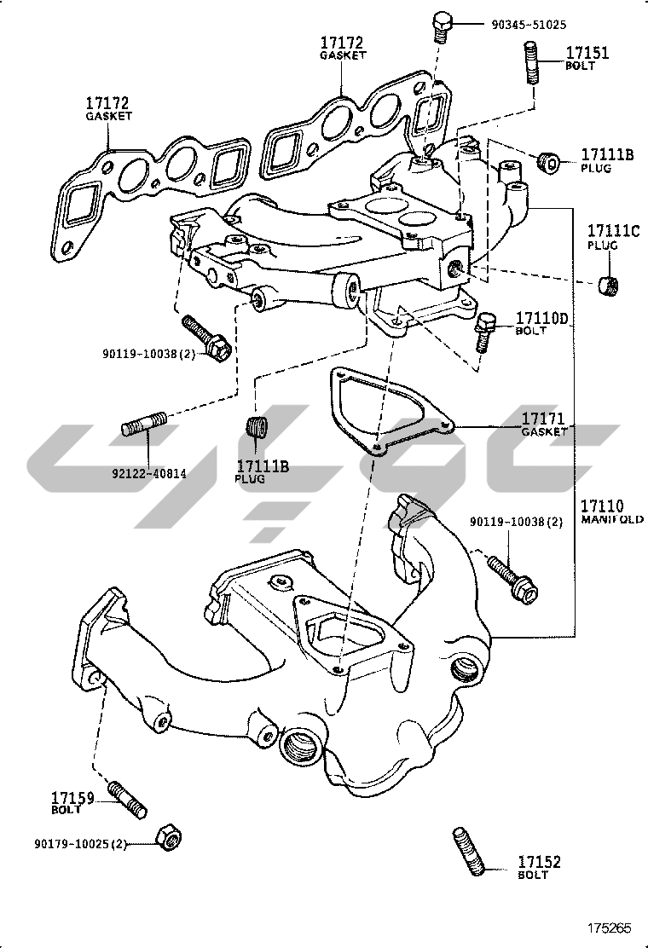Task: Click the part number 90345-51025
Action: [529, 26]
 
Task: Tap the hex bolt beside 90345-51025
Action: [443, 27]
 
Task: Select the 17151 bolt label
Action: [587, 54]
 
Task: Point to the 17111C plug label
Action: [612, 231]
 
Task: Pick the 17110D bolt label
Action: [541, 319]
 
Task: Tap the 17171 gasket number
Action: [544, 419]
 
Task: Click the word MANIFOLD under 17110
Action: [613, 519]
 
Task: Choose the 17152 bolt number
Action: [539, 863]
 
